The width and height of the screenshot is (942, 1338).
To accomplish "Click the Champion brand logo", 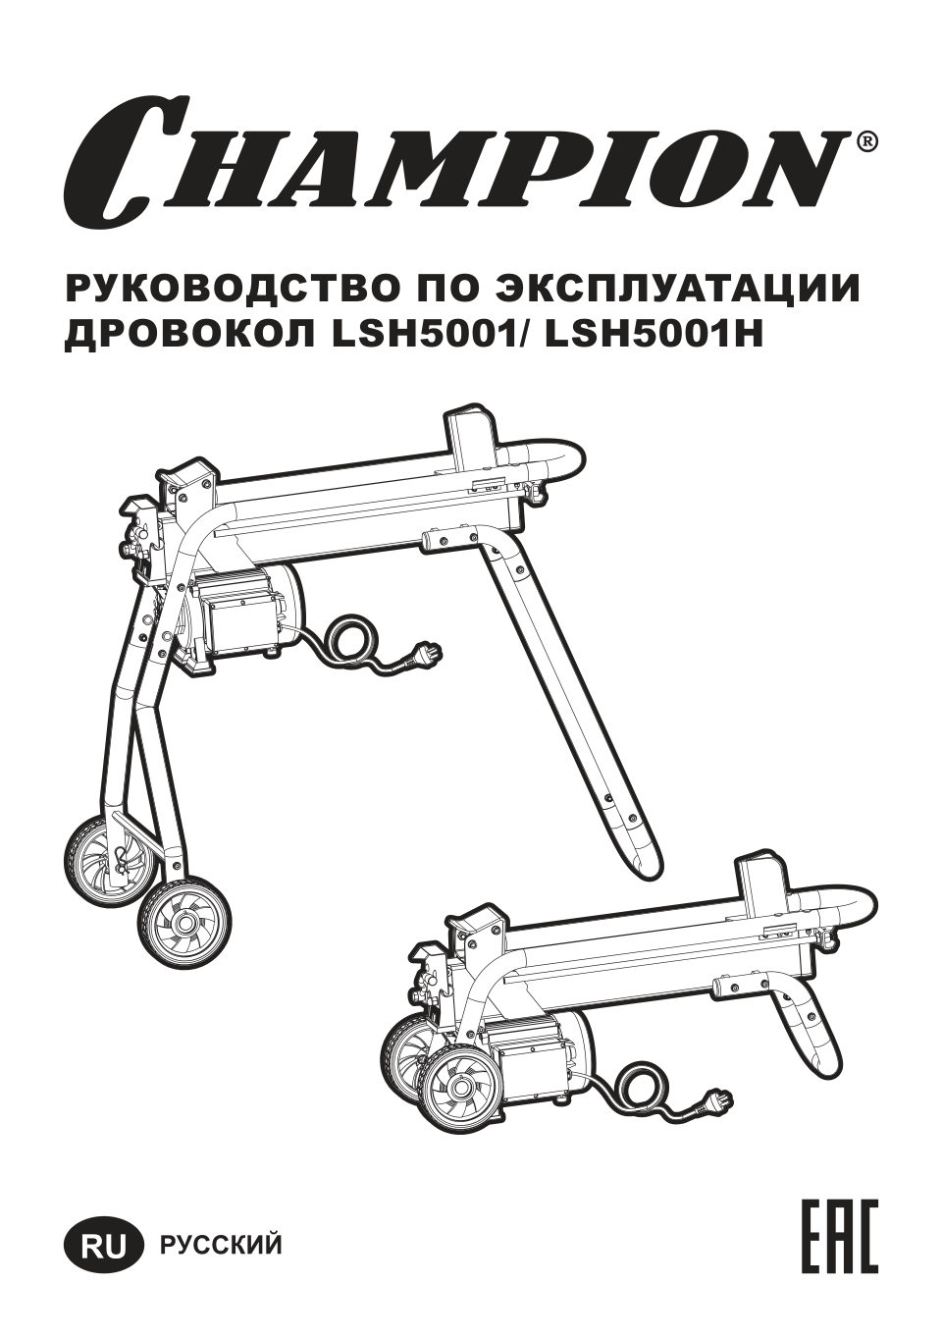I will coord(456,160).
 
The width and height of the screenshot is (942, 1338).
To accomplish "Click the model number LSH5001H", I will coord(653,336).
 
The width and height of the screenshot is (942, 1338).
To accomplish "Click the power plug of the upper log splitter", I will coord(425,650).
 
